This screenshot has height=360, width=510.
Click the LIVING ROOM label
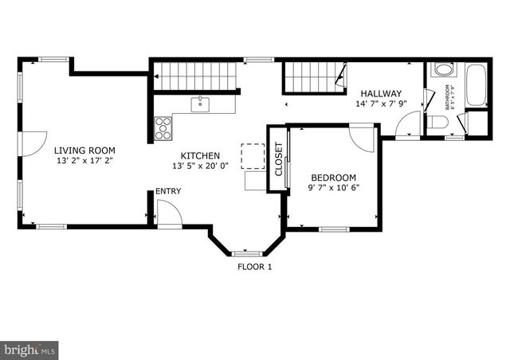(x=84, y=150)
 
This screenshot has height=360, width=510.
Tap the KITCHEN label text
(x=199, y=155)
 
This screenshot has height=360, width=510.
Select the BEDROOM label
(x=333, y=178)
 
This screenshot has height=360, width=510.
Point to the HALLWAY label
(x=380, y=93)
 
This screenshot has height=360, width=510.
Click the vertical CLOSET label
(x=279, y=159)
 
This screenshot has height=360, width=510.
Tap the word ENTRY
(x=167, y=191)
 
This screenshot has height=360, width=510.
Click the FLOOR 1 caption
(x=255, y=267)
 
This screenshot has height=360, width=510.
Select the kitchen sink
(x=199, y=103)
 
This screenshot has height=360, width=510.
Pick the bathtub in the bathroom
(x=477, y=85)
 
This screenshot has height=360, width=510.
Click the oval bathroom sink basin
(x=442, y=69)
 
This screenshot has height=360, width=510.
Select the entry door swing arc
(x=169, y=213)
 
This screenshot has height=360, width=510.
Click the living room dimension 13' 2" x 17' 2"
(x=84, y=161)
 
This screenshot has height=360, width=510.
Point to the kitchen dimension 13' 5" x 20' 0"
(x=199, y=166)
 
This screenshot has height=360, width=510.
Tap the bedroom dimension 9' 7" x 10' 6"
(x=333, y=189)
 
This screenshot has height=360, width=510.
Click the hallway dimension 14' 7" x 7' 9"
(x=381, y=104)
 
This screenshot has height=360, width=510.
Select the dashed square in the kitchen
(x=252, y=156)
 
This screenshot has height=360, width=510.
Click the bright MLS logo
(x=29, y=348)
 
